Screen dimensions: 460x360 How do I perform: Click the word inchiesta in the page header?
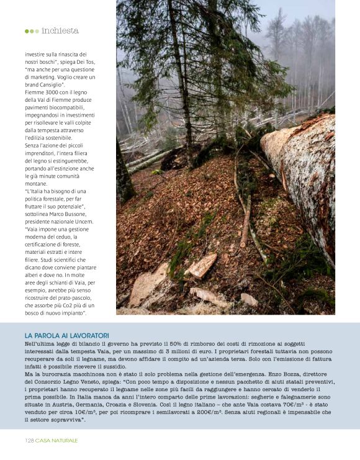[60, 30]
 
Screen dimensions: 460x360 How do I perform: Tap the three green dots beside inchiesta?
[32, 30]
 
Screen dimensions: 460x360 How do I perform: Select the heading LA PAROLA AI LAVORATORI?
[66, 335]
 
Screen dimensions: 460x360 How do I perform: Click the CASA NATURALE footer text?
[56, 440]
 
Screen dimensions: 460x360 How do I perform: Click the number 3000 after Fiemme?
[55, 91]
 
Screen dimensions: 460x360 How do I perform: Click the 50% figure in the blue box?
[173, 344]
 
